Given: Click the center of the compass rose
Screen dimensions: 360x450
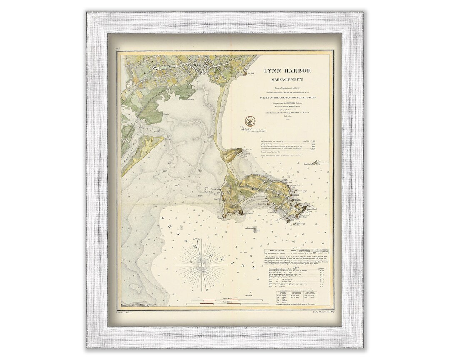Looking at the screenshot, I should click(202, 264).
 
